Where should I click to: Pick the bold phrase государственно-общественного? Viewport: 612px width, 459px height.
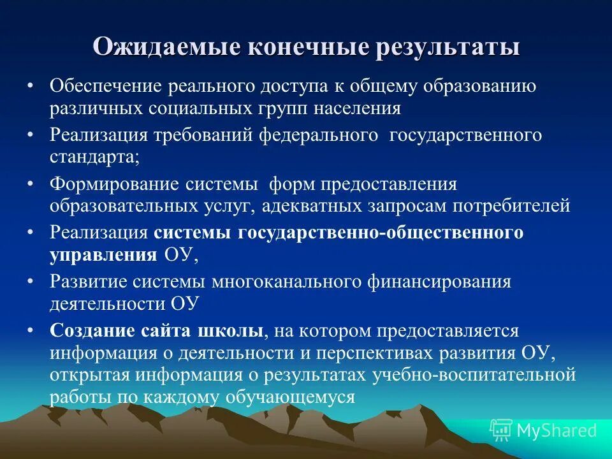pos(381,233)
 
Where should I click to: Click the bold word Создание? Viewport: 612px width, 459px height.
pos(92,331)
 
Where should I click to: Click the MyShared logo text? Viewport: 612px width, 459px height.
pos(557,430)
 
